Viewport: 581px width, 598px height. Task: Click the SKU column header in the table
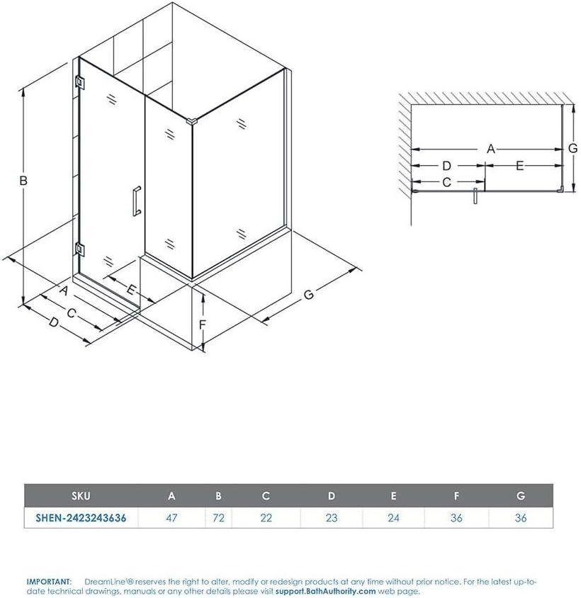pyautogui.click(x=80, y=497)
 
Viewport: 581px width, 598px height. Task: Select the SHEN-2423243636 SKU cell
pyautogui.click(x=81, y=518)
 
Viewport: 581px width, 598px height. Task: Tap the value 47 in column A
pyautogui.click(x=171, y=518)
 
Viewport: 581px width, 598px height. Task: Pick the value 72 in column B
pyautogui.click(x=218, y=518)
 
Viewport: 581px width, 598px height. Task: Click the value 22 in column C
pyautogui.click(x=266, y=518)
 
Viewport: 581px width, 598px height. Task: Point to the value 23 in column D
pyautogui.click(x=332, y=518)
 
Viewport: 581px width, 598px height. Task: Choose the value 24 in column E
pyautogui.click(x=394, y=518)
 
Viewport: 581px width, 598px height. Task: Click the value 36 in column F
pyautogui.click(x=456, y=518)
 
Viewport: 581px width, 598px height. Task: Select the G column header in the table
pyautogui.click(x=521, y=497)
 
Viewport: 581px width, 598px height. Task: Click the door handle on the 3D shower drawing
pyautogui.click(x=136, y=201)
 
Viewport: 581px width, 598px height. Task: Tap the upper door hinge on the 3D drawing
pyautogui.click(x=79, y=82)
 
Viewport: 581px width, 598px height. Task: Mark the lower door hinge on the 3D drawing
pyautogui.click(x=79, y=249)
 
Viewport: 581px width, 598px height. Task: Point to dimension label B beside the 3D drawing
pyautogui.click(x=23, y=181)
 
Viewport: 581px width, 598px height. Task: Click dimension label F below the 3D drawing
pyautogui.click(x=202, y=325)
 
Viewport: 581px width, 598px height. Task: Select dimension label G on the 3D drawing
pyautogui.click(x=308, y=295)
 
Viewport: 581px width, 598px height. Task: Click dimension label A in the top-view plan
pyautogui.click(x=490, y=149)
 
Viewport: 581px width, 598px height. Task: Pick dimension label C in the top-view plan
pyautogui.click(x=446, y=182)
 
